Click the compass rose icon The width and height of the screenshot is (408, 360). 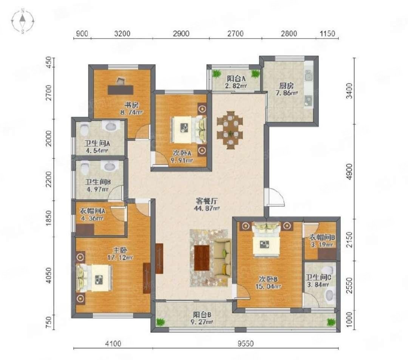click(x=23, y=21)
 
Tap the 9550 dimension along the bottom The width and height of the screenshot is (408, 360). click(x=246, y=344)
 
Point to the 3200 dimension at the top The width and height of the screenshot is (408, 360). click(x=122, y=34)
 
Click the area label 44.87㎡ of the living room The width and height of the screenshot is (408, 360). click(x=207, y=208)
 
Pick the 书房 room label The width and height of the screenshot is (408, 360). click(x=131, y=105)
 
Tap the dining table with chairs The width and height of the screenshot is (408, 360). click(x=230, y=130)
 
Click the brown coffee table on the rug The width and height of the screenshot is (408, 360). click(x=202, y=258)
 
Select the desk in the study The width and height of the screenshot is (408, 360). click(x=121, y=90)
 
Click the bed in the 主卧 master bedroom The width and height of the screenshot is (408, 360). click(x=94, y=278)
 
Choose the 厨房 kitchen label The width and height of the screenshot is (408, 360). click(x=286, y=86)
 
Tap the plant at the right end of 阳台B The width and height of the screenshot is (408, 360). click(x=331, y=322)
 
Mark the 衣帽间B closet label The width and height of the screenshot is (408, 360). click(x=321, y=237)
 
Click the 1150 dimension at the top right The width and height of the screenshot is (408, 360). click(x=327, y=34)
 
